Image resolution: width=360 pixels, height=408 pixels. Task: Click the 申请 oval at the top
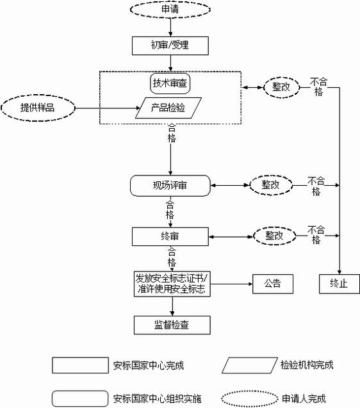click(x=170, y=10)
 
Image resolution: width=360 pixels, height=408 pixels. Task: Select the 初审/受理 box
click(x=170, y=45)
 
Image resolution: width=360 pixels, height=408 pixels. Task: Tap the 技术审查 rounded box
click(x=171, y=84)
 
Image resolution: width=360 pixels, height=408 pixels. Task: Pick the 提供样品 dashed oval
click(x=37, y=108)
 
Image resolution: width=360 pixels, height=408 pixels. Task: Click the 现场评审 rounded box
click(x=170, y=186)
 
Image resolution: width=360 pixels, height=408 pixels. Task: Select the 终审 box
click(x=170, y=236)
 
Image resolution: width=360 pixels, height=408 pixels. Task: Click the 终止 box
click(x=339, y=282)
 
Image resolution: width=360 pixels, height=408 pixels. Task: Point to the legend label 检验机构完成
click(x=307, y=365)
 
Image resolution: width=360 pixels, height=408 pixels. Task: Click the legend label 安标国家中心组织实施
click(x=156, y=398)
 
